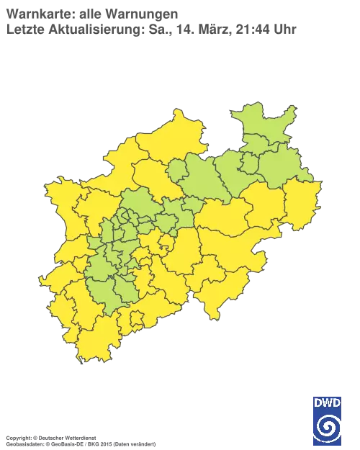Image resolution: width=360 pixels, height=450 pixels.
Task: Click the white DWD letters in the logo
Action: (x=327, y=402)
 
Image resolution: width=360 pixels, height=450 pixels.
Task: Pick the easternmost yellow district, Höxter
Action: (x=302, y=201)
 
